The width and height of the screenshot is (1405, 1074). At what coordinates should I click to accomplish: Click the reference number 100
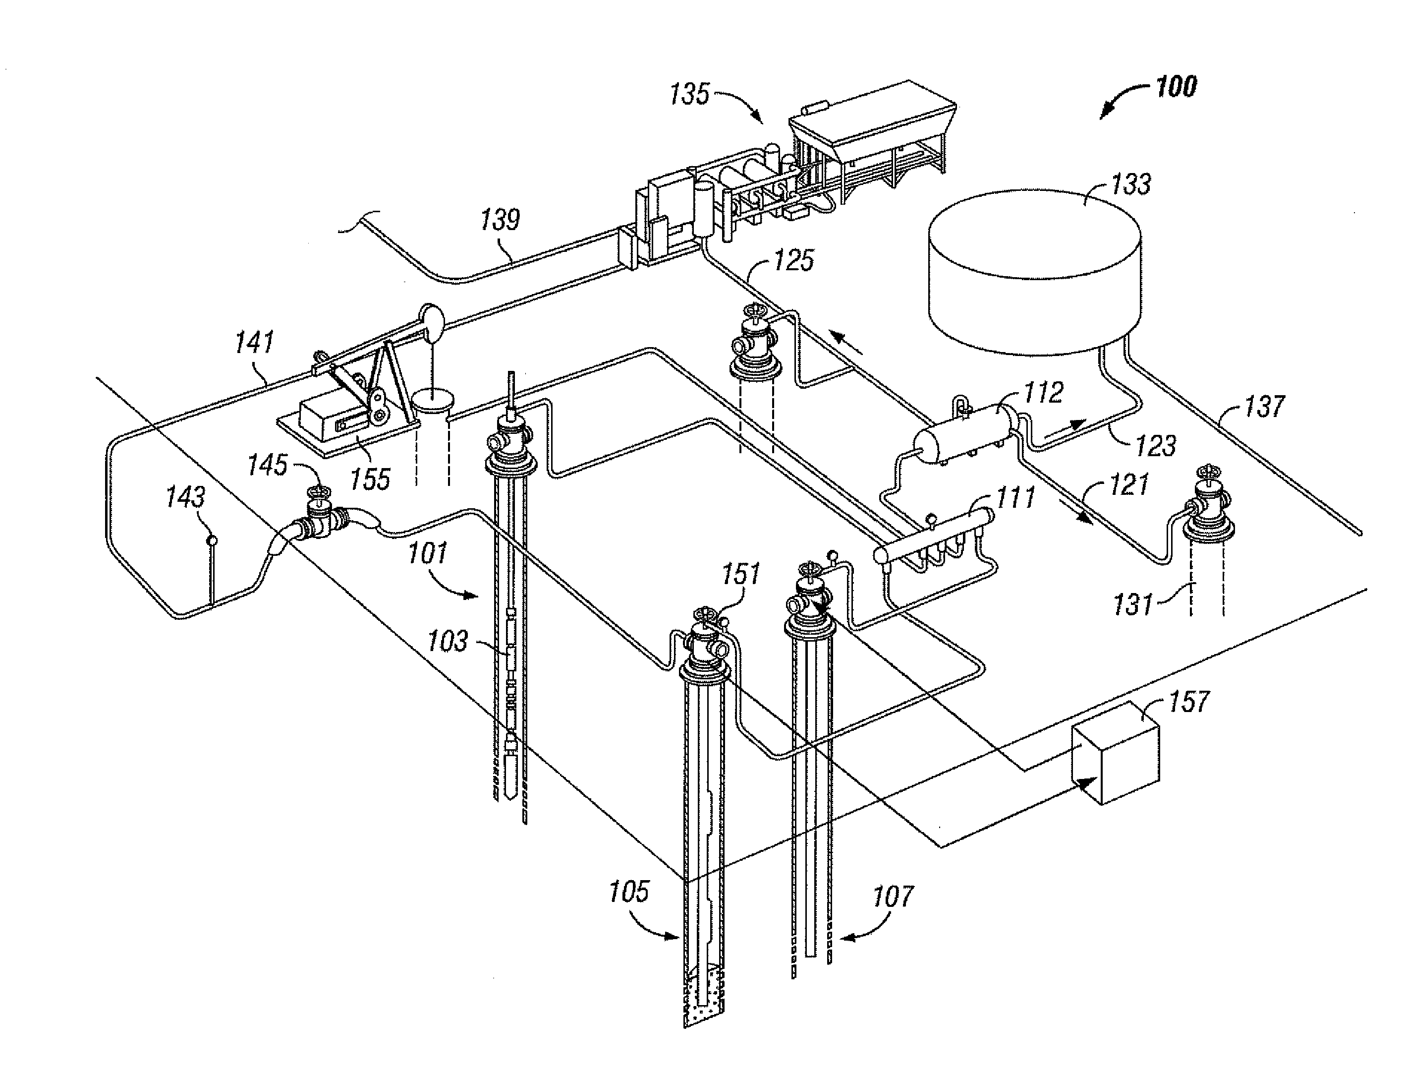pyautogui.click(x=1176, y=86)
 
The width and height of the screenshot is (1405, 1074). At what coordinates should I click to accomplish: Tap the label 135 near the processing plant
pyautogui.click(x=689, y=94)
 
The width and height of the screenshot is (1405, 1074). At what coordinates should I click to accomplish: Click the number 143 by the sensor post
pyautogui.click(x=185, y=497)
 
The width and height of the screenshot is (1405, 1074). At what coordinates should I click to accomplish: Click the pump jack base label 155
pyautogui.click(x=370, y=479)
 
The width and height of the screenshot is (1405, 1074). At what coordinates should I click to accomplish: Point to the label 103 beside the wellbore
pyautogui.click(x=447, y=641)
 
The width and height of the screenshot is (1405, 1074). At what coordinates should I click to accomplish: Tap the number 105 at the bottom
pyautogui.click(x=629, y=891)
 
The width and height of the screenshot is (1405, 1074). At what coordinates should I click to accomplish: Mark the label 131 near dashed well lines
pyautogui.click(x=1133, y=604)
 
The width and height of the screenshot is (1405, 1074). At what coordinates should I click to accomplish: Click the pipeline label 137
pyautogui.click(x=1264, y=407)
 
